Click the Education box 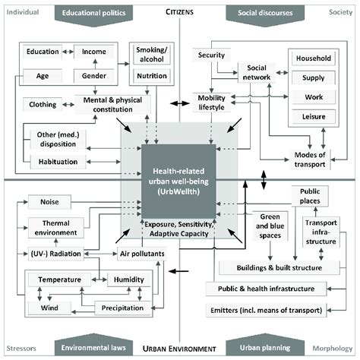pyautogui.click(x=43, y=52)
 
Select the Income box pyautogui.click(x=94, y=52)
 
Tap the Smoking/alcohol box pyautogui.click(x=151, y=55)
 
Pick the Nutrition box pyautogui.click(x=151, y=77)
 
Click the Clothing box pyautogui.click(x=43, y=103)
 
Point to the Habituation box pyautogui.click(x=55, y=161)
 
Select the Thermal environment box pyautogui.click(x=58, y=227)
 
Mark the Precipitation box pyautogui.click(x=122, y=308)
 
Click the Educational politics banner pyautogui.click(x=96, y=13)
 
